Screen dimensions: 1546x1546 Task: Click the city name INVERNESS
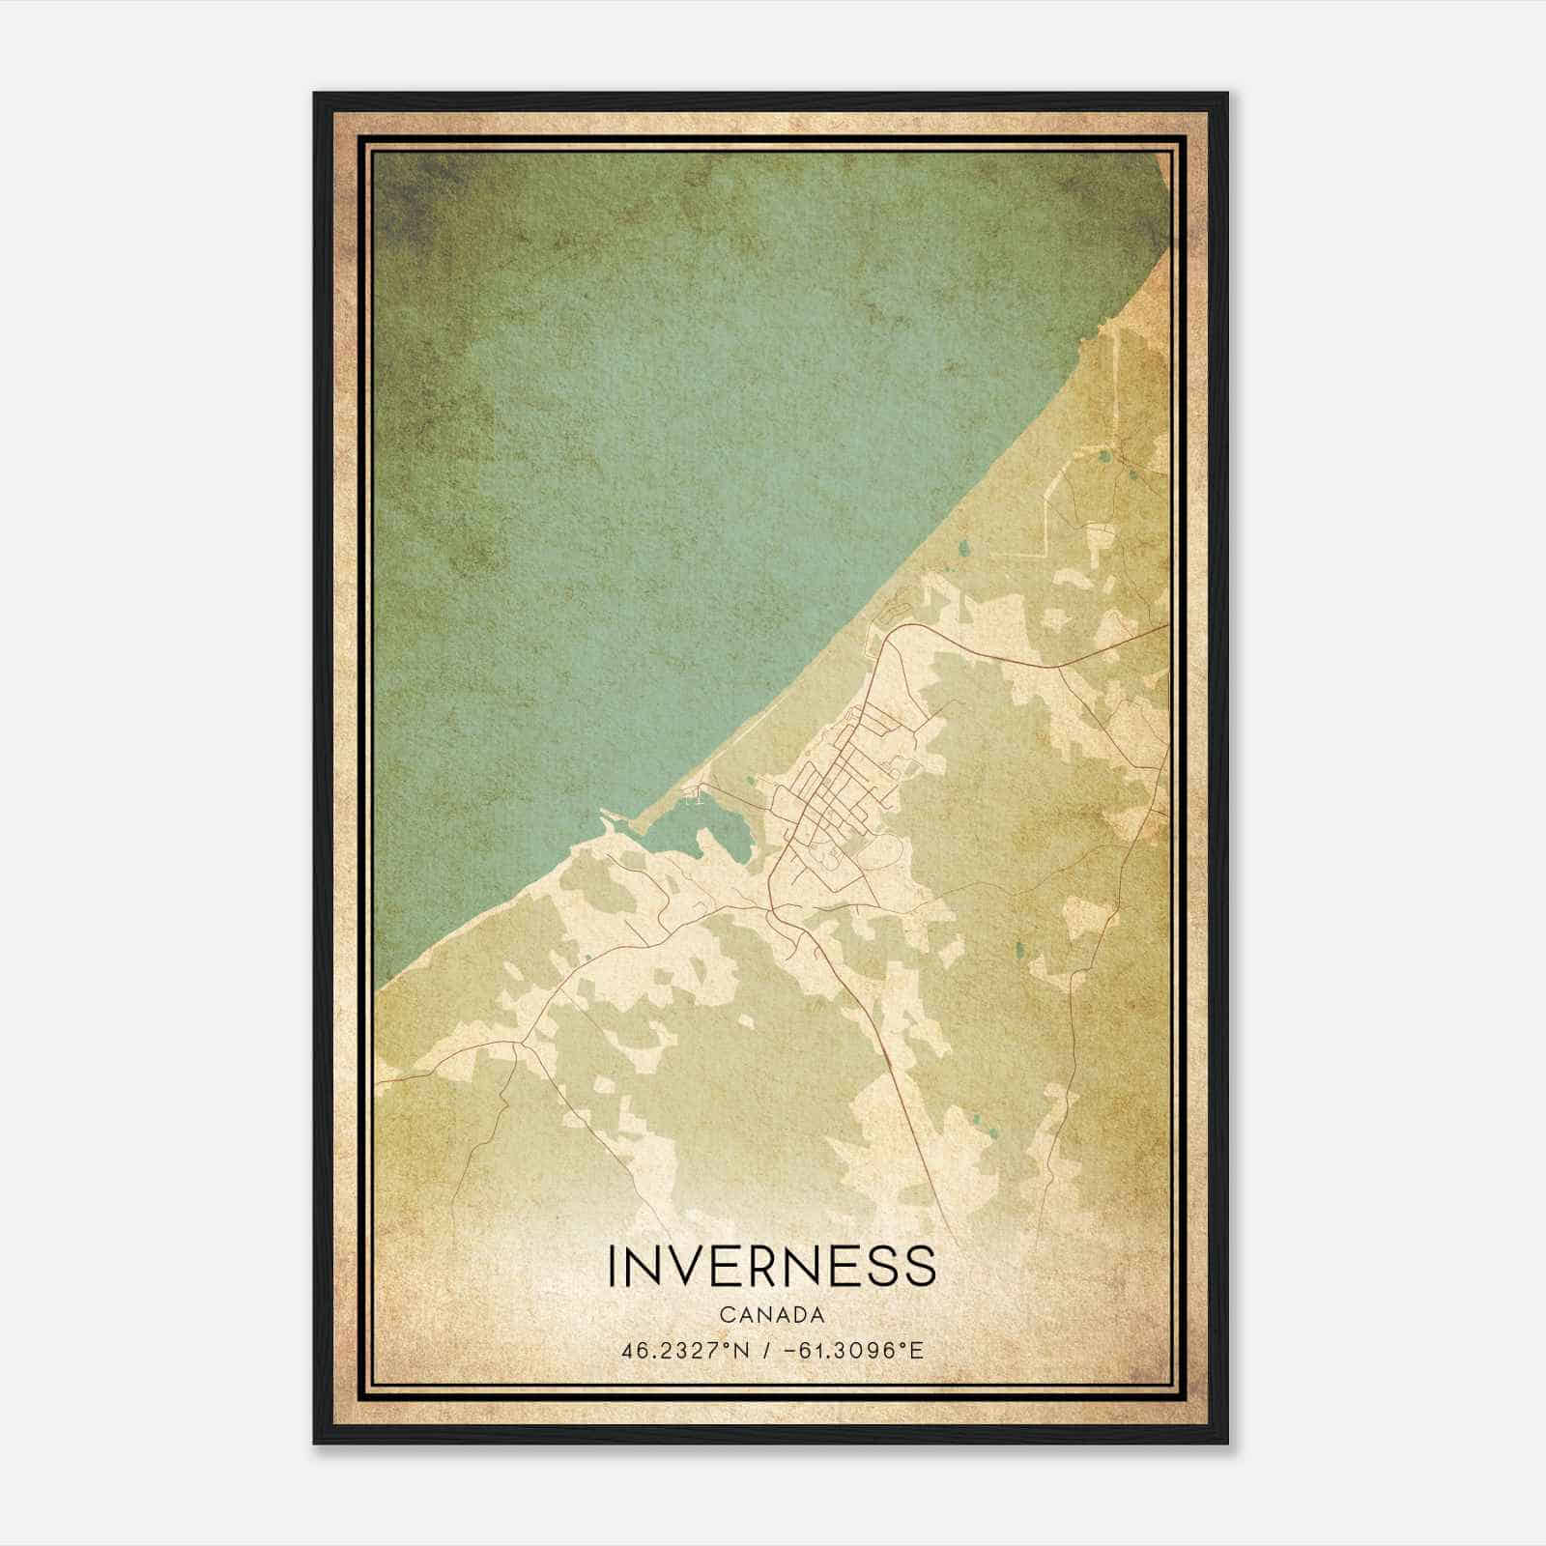pyautogui.click(x=772, y=1266)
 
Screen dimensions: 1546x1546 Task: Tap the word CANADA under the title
pyautogui.click(x=772, y=1315)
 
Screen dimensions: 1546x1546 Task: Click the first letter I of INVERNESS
pyautogui.click(x=613, y=1266)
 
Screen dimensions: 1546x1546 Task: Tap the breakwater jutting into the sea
pyautogui.click(x=611, y=821)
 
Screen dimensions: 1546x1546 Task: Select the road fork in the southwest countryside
pyautogui.click(x=523, y=1044)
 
